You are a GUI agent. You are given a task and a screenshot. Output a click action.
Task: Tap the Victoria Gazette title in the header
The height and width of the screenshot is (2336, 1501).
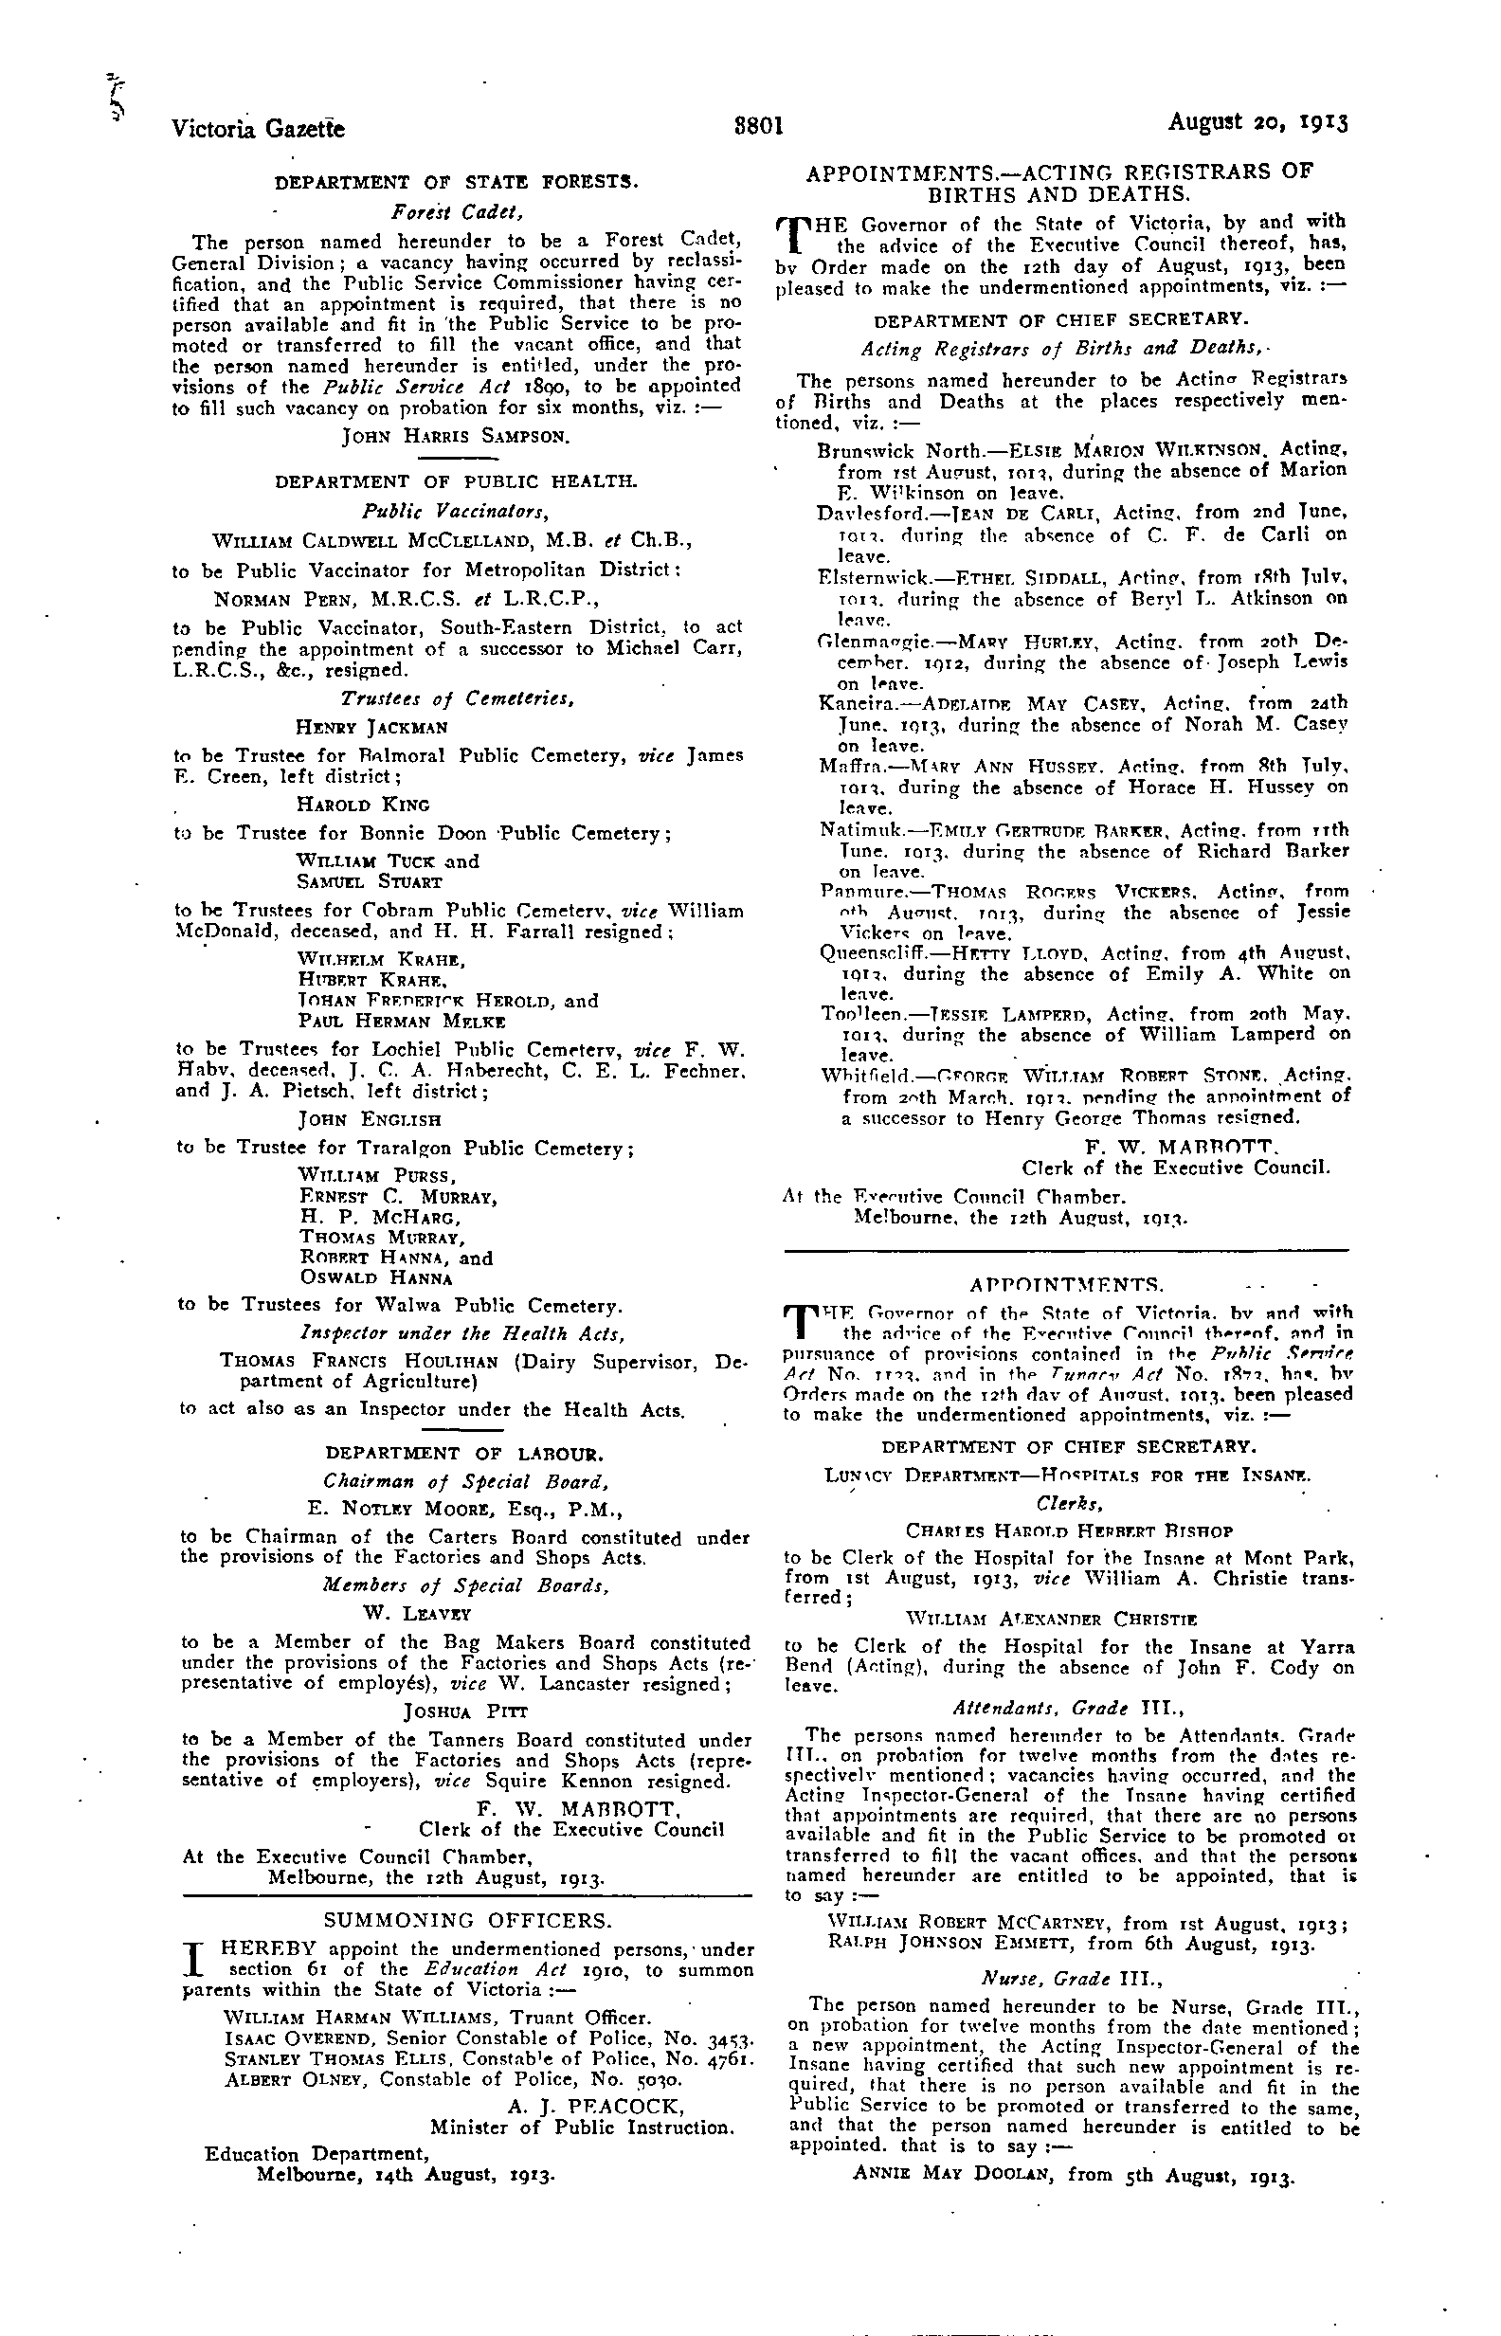[259, 128]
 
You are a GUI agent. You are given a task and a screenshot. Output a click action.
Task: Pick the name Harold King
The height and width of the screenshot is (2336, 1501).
[363, 806]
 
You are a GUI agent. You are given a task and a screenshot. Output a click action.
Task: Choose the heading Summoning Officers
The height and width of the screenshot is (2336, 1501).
[468, 1921]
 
